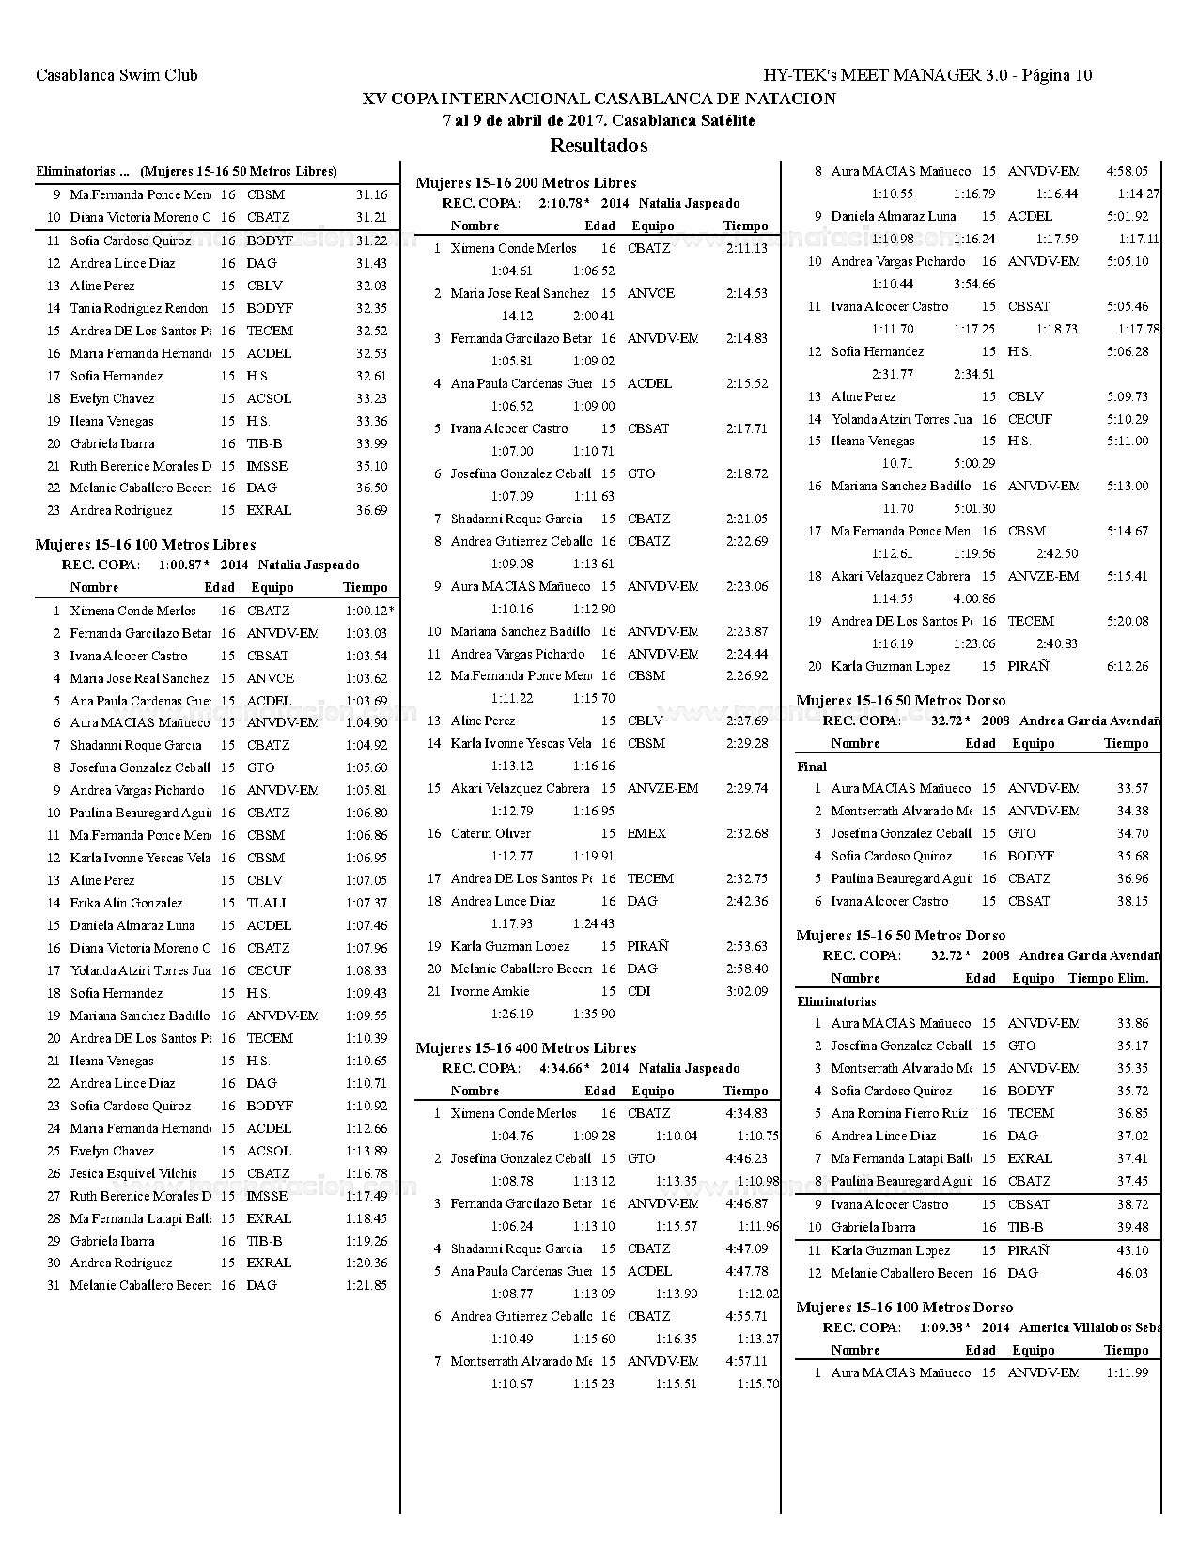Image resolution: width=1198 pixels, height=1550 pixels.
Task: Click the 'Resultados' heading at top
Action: tap(599, 146)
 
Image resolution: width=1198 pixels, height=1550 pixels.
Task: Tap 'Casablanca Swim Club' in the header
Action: tap(117, 76)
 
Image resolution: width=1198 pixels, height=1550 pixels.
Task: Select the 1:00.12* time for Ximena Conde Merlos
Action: tap(369, 611)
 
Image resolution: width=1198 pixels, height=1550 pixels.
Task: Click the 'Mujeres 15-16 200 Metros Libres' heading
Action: tap(525, 183)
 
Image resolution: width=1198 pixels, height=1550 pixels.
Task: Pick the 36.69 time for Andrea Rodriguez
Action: tap(371, 510)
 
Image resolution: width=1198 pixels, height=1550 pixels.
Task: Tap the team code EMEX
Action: tap(646, 833)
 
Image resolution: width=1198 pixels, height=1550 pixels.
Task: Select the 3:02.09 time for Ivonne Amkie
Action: tap(747, 991)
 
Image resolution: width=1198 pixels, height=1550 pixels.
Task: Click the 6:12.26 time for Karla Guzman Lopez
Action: tap(1128, 666)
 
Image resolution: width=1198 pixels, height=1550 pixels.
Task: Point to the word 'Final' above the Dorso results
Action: tap(812, 767)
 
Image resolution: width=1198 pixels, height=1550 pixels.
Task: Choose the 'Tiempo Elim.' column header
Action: tap(1108, 978)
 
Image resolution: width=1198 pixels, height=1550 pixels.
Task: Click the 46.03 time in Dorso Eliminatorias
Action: tap(1132, 1273)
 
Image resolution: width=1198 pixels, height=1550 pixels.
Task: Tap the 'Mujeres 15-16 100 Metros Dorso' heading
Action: tap(905, 1308)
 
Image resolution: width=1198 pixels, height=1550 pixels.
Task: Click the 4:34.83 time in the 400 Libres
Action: tap(747, 1113)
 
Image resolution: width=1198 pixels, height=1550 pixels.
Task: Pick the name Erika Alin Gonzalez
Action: tap(126, 903)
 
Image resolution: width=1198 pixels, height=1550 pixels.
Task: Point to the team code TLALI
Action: tap(266, 903)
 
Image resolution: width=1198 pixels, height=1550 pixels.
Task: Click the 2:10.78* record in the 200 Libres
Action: tap(564, 203)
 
